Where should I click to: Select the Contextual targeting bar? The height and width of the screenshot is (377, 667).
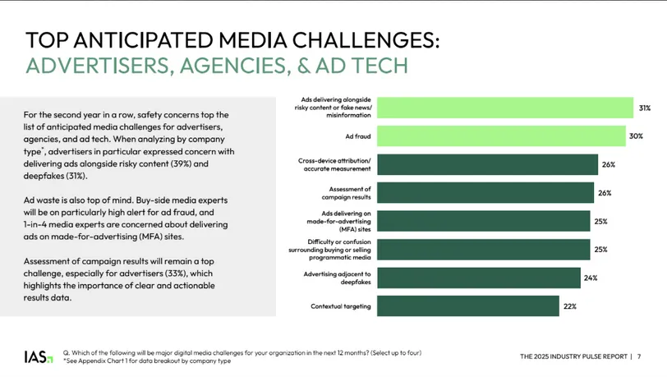(469, 306)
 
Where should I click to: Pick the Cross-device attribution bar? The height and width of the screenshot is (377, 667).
(488, 164)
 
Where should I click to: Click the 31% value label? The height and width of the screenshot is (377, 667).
(646, 108)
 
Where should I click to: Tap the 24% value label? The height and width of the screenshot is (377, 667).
(591, 278)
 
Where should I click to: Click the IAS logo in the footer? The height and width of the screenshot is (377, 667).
(38, 356)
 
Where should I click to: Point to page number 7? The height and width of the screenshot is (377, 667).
(640, 356)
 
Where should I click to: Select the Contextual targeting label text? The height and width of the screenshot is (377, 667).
(341, 306)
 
